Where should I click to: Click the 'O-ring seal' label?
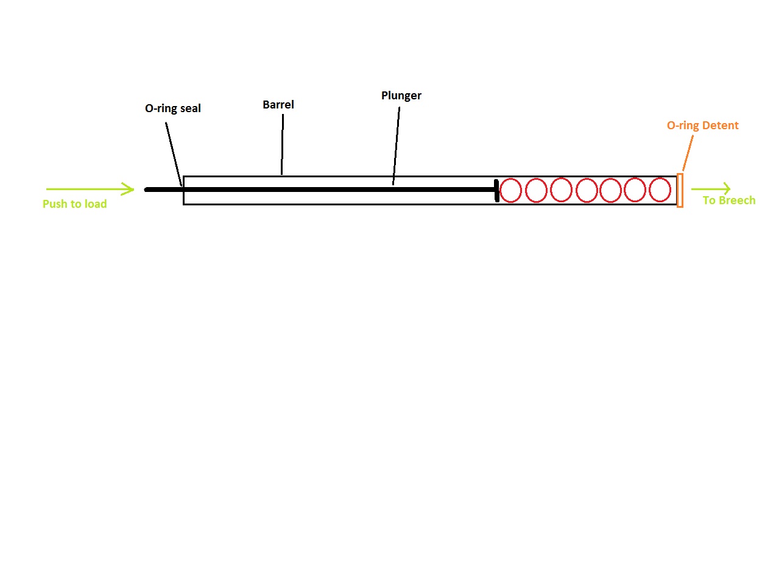172,108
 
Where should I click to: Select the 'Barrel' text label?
278,105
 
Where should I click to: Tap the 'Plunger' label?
401,96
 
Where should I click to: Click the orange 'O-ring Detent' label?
702,126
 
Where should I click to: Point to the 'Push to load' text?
74,204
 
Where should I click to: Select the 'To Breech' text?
728,200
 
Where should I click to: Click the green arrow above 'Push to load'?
90,190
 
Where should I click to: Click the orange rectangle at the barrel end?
680,190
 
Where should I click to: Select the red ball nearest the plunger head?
510,190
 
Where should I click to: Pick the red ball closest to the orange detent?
660,190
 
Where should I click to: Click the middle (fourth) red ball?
587,190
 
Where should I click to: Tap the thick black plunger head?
497,190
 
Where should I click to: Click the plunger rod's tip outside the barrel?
147,190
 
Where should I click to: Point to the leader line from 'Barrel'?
282,144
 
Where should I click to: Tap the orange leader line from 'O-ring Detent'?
688,152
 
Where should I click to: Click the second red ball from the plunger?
536,190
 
